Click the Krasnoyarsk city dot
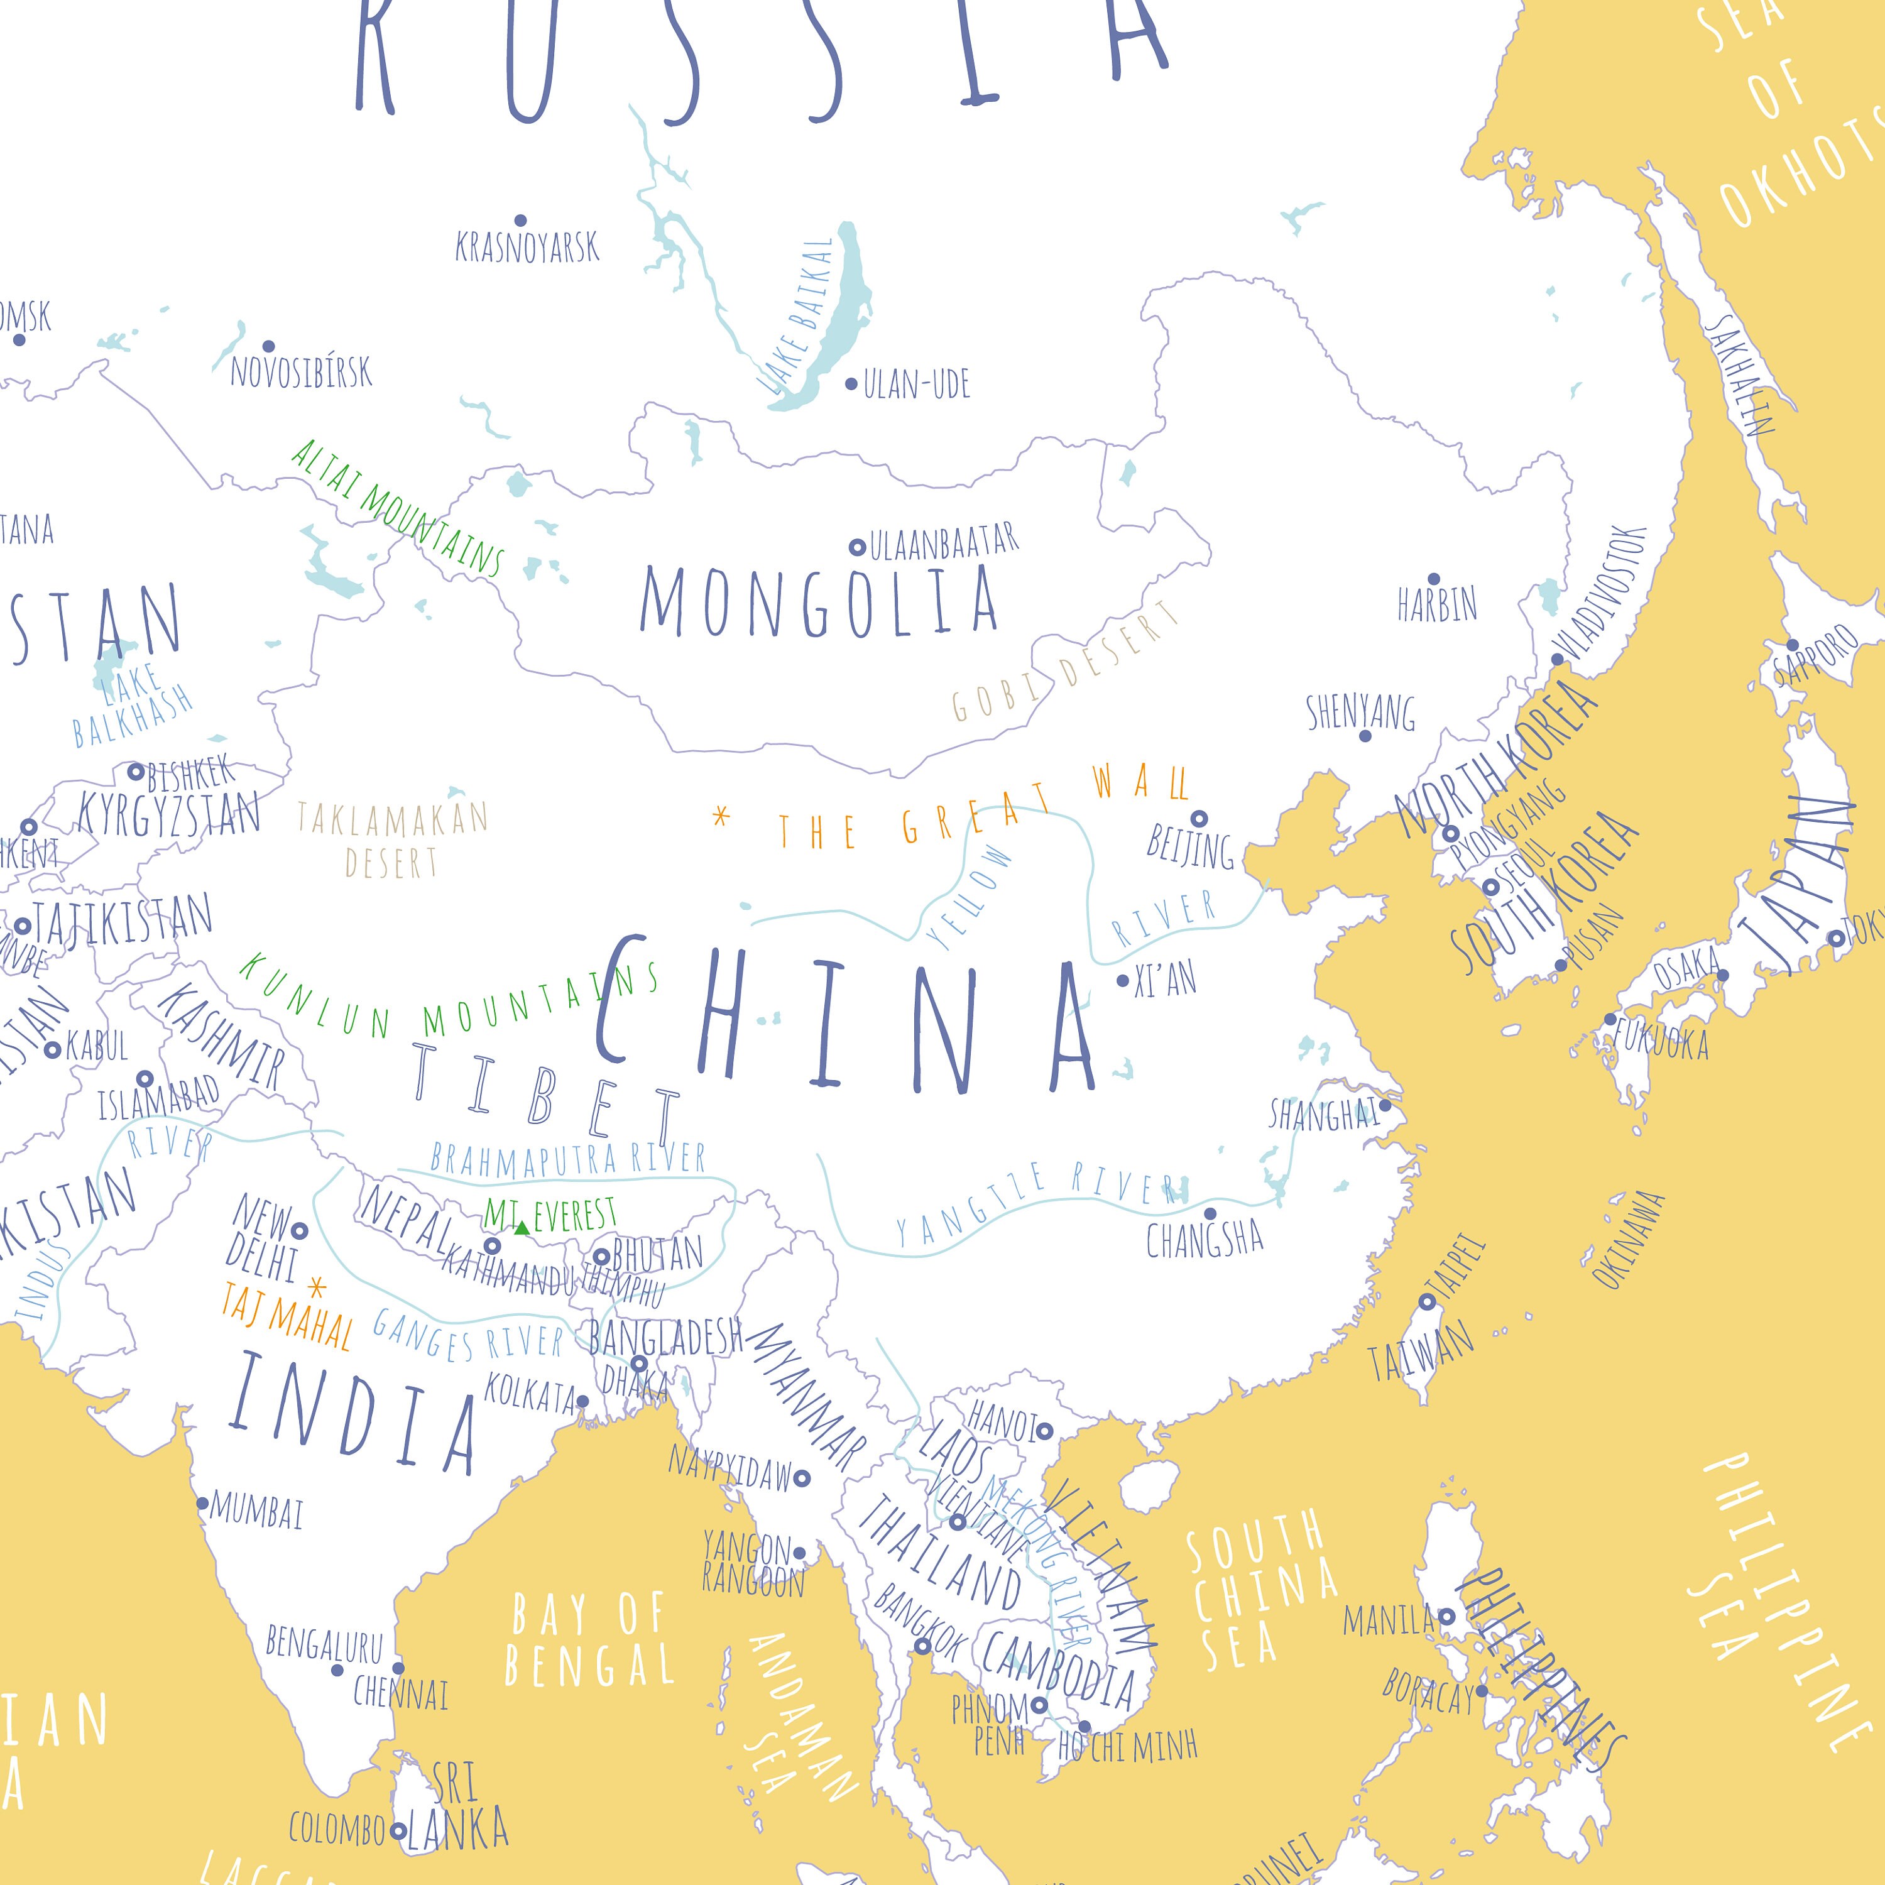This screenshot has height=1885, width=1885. point(520,221)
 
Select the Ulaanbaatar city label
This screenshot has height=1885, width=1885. point(944,542)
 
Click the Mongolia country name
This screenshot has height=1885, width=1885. point(819,601)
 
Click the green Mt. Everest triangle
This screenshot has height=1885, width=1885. point(522,1227)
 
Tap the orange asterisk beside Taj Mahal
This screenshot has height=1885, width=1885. point(316,1287)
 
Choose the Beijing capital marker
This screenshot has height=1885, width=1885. point(1199,819)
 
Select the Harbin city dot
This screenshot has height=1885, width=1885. point(1433,579)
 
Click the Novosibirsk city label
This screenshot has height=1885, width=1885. point(302,372)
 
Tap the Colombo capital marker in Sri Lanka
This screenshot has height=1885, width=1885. point(397,1832)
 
